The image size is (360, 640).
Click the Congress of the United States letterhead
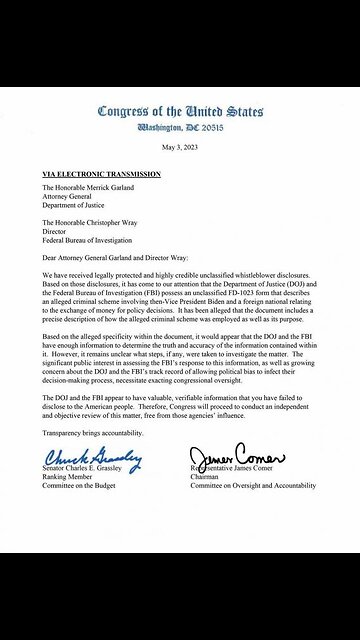click(179, 110)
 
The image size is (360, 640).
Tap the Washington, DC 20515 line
click(179, 127)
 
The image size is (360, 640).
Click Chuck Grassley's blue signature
click(93, 459)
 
